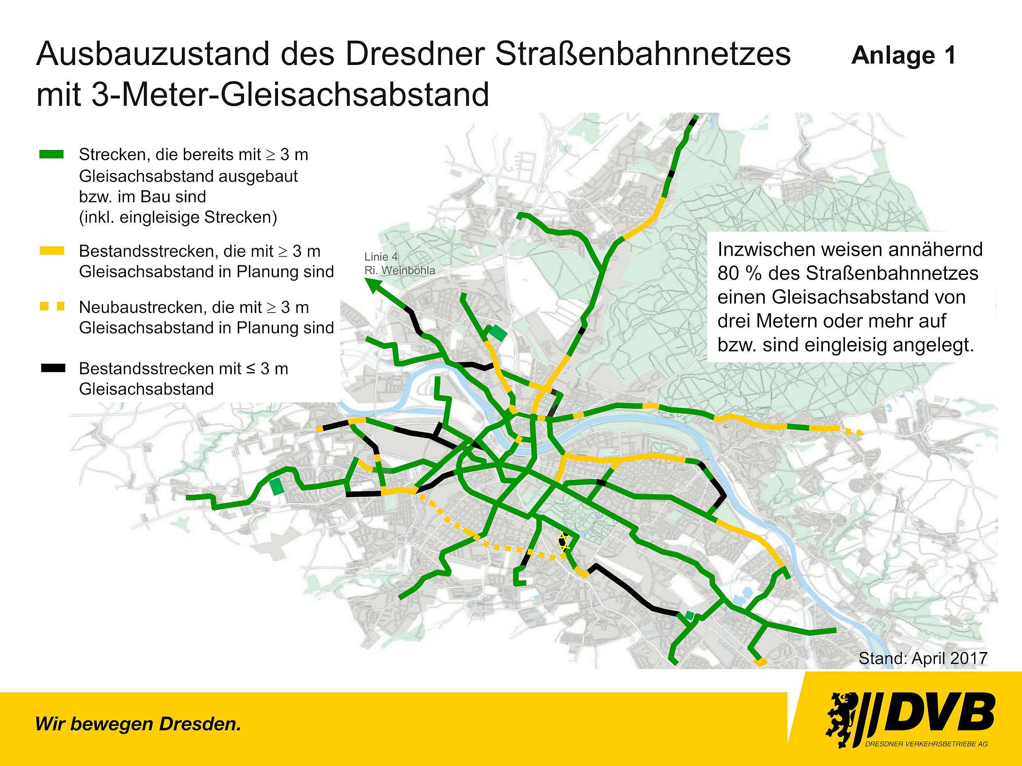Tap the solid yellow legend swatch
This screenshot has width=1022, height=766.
52,251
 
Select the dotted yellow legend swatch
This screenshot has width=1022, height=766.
52,306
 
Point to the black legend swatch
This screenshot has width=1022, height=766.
52,368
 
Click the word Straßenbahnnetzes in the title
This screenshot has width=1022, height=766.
643,54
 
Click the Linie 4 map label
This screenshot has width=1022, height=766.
381,257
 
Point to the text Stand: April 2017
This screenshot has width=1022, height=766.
923,658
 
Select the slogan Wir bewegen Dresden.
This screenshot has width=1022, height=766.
138,724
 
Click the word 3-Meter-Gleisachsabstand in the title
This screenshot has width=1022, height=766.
290,95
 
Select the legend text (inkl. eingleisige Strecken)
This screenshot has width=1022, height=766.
178,217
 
